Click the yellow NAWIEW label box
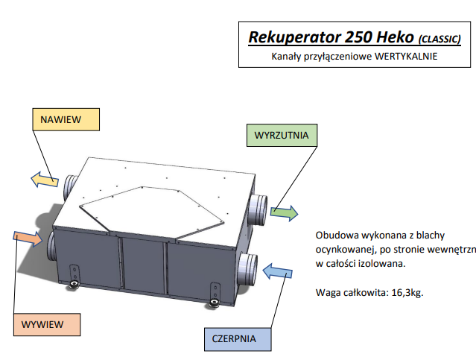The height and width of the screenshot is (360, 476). click(66, 119)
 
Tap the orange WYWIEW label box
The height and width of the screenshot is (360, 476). click(45, 324)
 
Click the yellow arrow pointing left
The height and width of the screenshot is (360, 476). click(45, 180)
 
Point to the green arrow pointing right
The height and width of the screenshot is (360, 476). click(283, 212)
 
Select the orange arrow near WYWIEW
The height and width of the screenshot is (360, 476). click(28, 239)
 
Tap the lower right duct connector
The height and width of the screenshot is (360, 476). click(247, 266)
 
